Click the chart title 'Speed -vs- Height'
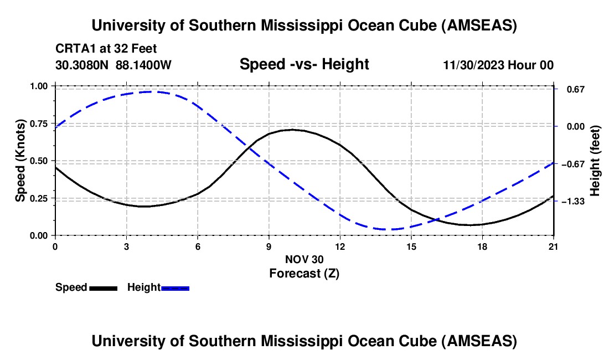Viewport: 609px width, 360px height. click(x=304, y=64)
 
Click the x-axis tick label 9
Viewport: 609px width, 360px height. click(x=269, y=246)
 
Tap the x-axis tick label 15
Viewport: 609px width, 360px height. click(x=411, y=246)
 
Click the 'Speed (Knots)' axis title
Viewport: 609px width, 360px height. click(x=20, y=160)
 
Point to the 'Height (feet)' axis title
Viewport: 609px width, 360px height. click(x=595, y=161)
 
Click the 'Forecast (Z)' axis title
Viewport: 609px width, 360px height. click(x=304, y=273)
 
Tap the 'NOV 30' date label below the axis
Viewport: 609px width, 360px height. click(x=304, y=259)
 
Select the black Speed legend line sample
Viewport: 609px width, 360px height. click(x=103, y=287)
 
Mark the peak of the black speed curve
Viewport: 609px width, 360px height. click(x=292, y=130)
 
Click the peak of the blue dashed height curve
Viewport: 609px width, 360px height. click(x=151, y=92)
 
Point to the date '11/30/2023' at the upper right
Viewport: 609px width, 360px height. click(x=472, y=65)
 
